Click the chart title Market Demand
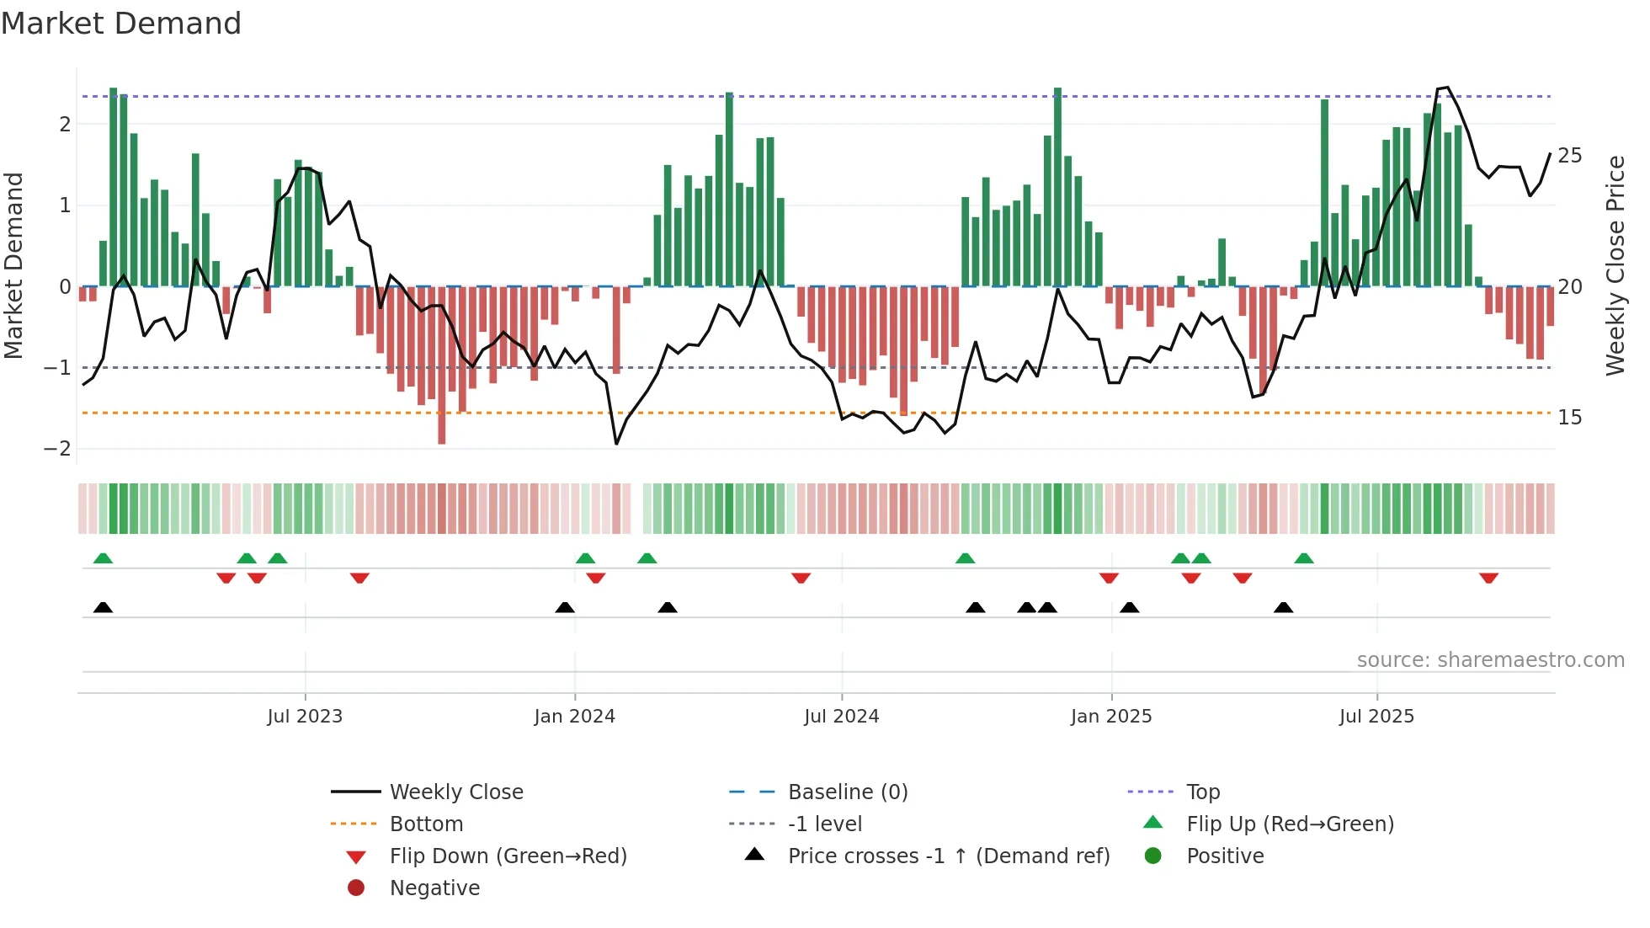tap(121, 24)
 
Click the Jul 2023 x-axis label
tap(305, 717)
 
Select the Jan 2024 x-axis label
tap(574, 717)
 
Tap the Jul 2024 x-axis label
tap(841, 717)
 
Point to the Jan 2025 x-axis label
tap(1110, 717)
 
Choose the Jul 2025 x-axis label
tap(1376, 717)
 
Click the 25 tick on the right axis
tap(1569, 156)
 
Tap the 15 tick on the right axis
tap(1569, 418)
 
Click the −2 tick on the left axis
tap(57, 449)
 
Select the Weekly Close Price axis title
tap(1615, 265)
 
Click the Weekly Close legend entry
tap(455, 792)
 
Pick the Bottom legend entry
tap(426, 824)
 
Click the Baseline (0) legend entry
tap(847, 792)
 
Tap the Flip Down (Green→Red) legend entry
tap(508, 856)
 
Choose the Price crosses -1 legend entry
tap(948, 856)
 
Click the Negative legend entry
tap(434, 888)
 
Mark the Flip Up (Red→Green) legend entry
tap(1290, 824)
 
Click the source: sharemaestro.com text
tap(1490, 660)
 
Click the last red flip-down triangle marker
tap(1488, 578)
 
